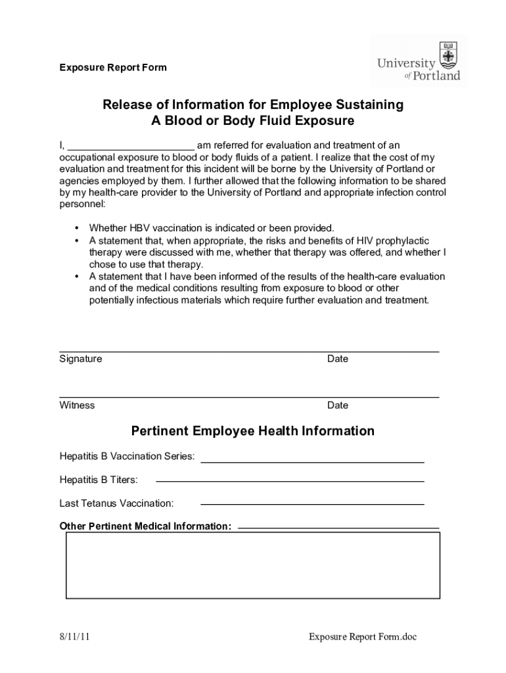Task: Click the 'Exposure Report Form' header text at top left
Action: tap(113, 68)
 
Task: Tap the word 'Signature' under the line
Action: tap(81, 359)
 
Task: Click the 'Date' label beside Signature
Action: tap(338, 359)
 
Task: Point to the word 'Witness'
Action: tap(77, 405)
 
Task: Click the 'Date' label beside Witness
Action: tap(338, 405)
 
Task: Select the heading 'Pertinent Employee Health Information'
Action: tap(253, 431)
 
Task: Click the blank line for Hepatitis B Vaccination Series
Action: tap(312, 461)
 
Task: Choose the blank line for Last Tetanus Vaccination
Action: tap(312, 503)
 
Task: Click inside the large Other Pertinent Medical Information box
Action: tap(253, 565)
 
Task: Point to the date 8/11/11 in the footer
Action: tap(74, 637)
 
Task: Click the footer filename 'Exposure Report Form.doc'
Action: tap(363, 637)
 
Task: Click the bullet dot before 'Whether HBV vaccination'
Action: tap(78, 228)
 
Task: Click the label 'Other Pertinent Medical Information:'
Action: tap(145, 526)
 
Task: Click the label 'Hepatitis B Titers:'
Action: tap(99, 480)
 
